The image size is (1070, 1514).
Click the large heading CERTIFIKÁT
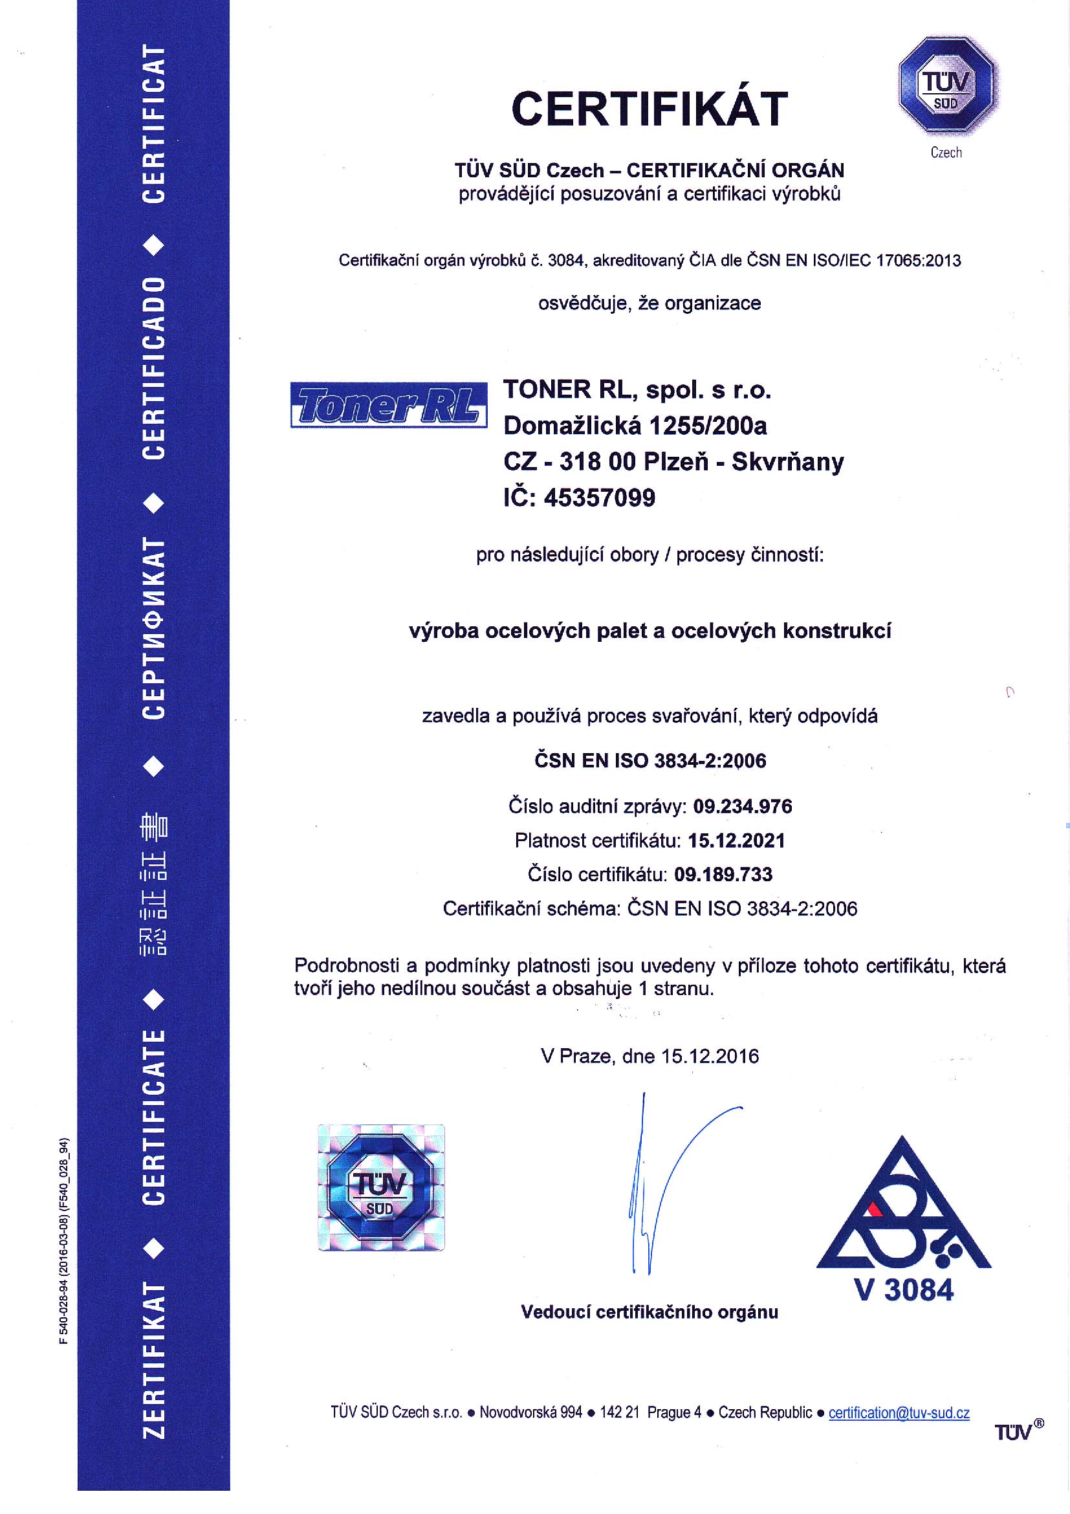649,109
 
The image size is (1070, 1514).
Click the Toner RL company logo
388,405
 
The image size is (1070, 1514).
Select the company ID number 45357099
599,498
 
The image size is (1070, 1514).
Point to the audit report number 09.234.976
743,806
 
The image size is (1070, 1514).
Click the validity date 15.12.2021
736,840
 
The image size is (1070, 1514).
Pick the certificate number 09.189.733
723,874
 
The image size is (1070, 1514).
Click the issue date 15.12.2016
710,1056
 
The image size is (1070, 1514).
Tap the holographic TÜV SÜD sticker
381,1188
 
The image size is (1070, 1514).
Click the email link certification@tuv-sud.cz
899,1412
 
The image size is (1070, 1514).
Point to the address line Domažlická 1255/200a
635,426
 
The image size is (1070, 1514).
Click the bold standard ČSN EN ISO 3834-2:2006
650,760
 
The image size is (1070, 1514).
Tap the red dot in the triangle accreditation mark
874,1208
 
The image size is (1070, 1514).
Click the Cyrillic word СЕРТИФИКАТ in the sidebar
153,628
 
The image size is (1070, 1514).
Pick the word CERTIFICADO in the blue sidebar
153,368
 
